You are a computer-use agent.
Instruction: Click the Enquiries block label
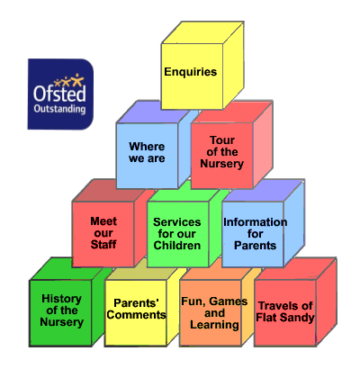click(x=191, y=72)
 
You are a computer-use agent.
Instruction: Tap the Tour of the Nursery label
click(x=222, y=152)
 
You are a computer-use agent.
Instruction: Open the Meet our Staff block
click(x=103, y=233)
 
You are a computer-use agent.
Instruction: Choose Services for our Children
click(x=177, y=234)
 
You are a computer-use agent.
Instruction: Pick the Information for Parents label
click(x=256, y=234)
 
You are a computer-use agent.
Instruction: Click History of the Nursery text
click(x=61, y=310)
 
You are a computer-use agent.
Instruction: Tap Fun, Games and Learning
click(x=214, y=313)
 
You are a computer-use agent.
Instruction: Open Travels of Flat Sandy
click(x=285, y=311)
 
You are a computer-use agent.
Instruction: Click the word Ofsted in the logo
click(x=59, y=94)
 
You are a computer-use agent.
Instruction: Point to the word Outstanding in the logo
click(x=59, y=109)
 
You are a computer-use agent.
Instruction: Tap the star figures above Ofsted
click(x=69, y=80)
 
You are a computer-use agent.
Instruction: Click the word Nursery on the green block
click(x=61, y=322)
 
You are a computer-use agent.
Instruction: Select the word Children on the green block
click(x=177, y=246)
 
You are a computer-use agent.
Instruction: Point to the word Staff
click(x=103, y=245)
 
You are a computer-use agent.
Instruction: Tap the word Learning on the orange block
click(x=214, y=325)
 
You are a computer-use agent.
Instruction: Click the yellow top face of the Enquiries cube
click(x=202, y=32)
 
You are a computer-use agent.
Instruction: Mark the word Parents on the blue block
click(x=255, y=246)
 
